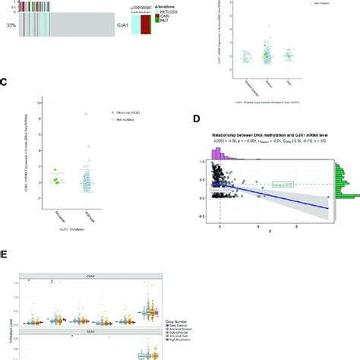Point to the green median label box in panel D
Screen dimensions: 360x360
pos(282,184)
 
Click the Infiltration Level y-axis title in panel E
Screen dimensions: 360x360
pos(8,346)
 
